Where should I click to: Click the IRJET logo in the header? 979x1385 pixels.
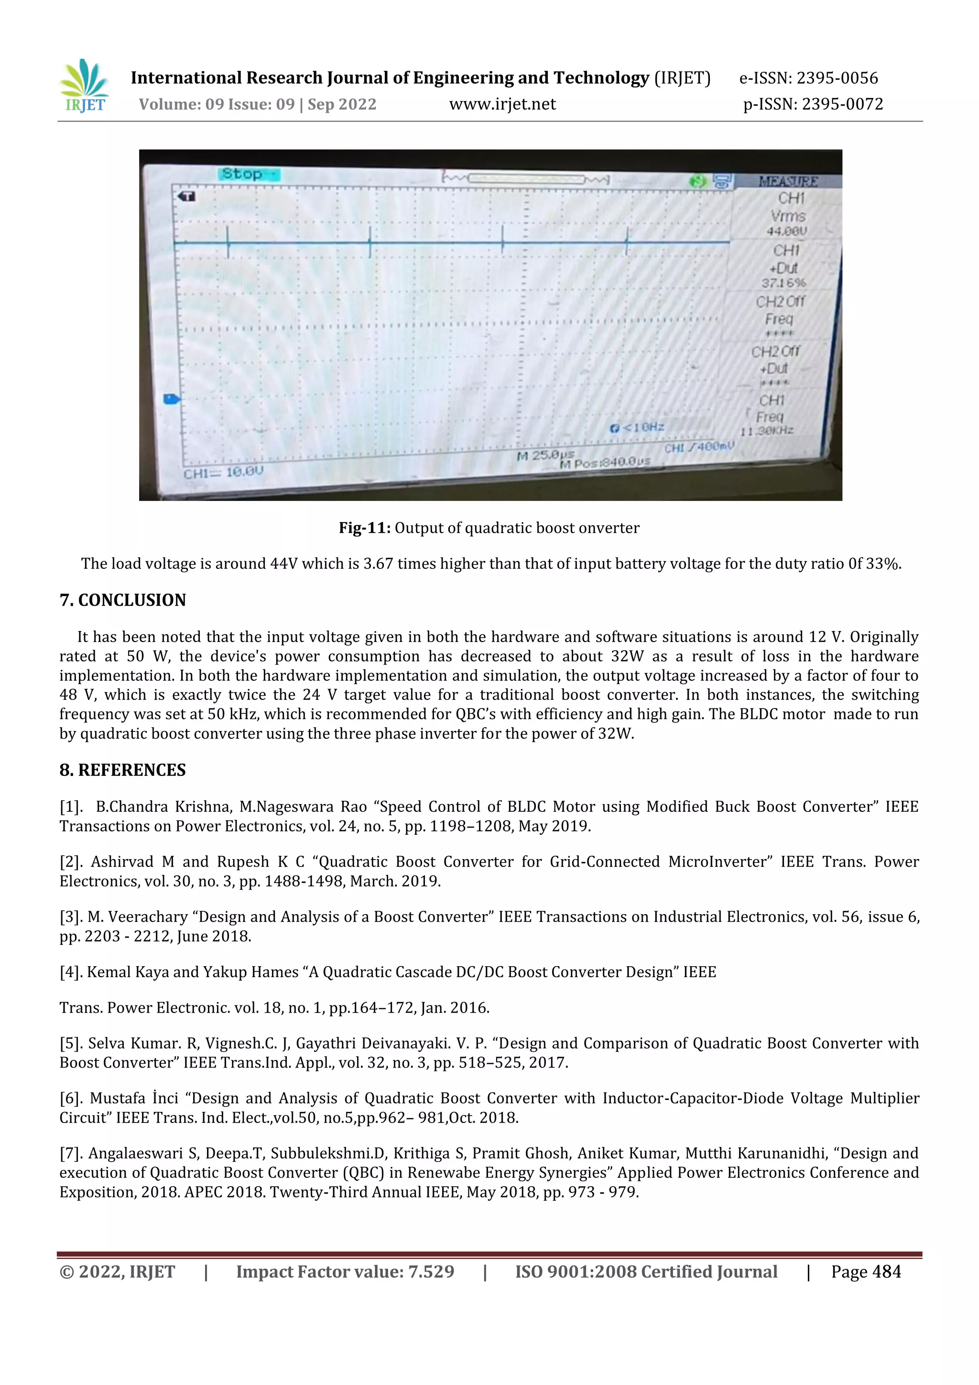(85, 86)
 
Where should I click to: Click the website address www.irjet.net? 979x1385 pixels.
(502, 104)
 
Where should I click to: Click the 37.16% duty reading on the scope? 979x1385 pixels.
(783, 283)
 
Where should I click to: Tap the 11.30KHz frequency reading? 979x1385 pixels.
(767, 431)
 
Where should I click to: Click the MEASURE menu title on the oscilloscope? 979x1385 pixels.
(788, 182)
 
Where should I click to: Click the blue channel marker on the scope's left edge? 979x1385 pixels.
(171, 399)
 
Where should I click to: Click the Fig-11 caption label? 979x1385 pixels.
(364, 528)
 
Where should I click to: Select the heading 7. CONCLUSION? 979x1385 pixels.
(122, 600)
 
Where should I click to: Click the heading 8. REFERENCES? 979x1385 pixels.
(122, 770)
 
